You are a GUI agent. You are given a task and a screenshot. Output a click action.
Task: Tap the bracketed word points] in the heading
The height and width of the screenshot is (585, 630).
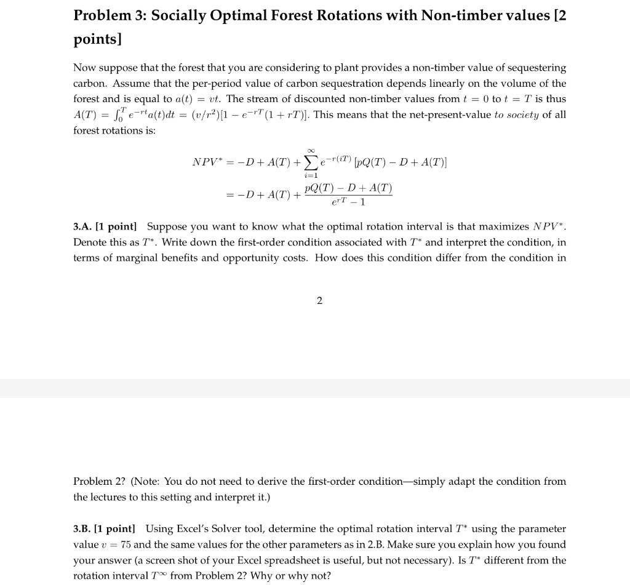tap(98, 39)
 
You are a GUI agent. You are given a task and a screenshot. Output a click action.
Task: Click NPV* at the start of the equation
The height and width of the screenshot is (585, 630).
tap(209, 162)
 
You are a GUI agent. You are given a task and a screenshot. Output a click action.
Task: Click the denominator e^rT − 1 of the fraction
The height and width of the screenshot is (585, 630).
tap(348, 202)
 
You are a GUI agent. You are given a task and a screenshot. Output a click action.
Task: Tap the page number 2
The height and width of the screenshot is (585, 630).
tap(319, 300)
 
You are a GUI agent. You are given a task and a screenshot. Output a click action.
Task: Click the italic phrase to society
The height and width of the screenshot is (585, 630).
tap(516, 114)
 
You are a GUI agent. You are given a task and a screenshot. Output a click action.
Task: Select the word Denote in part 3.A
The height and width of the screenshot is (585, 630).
tap(90, 242)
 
